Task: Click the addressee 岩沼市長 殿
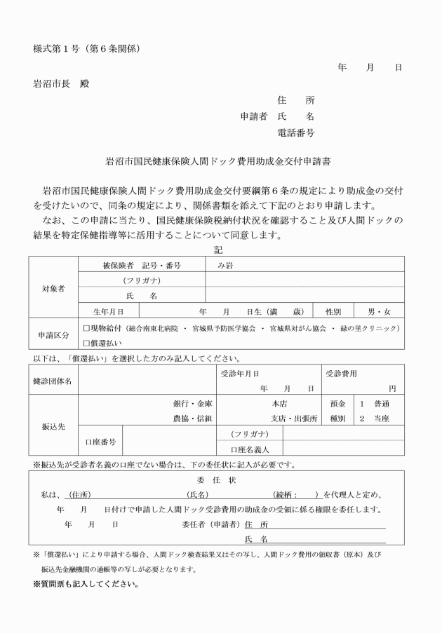tap(61, 83)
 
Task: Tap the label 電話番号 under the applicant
tap(295, 132)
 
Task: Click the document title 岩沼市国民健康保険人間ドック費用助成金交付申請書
tap(218, 161)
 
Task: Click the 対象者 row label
tap(53, 288)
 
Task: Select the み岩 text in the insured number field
tap(224, 266)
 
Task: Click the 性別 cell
tap(333, 311)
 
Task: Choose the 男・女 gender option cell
tap(379, 311)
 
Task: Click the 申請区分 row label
tap(53, 335)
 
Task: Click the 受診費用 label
tap(342, 374)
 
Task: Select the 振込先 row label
tap(53, 426)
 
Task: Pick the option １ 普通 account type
tap(375, 404)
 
